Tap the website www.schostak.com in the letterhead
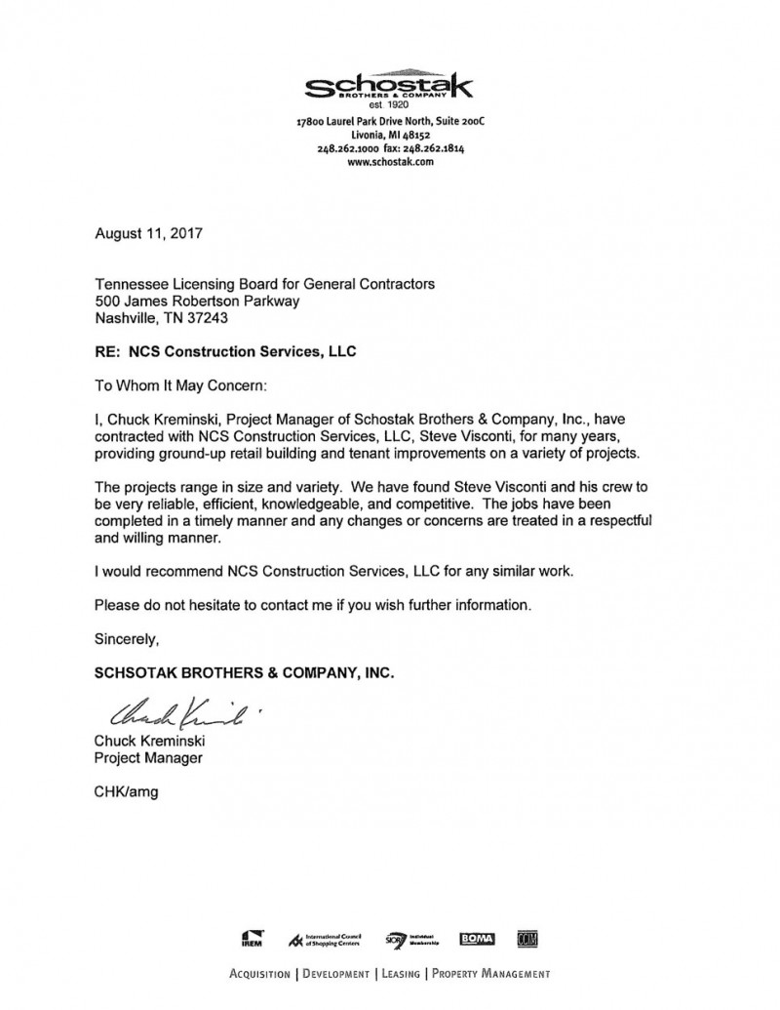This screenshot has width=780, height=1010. pyautogui.click(x=389, y=162)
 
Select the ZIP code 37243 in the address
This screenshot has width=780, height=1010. pyautogui.click(x=213, y=316)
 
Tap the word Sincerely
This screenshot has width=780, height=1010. pyautogui.click(x=126, y=639)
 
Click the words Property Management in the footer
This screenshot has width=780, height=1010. pyautogui.click(x=490, y=973)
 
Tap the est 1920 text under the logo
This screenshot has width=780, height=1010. pyautogui.click(x=389, y=104)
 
